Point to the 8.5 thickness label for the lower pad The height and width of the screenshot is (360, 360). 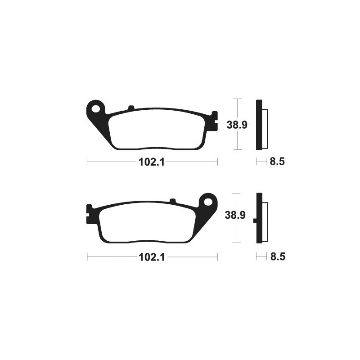[277, 257]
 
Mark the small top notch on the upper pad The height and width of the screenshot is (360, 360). [131, 108]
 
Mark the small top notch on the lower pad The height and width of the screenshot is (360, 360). [172, 201]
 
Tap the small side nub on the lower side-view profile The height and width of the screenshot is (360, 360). [255, 220]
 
